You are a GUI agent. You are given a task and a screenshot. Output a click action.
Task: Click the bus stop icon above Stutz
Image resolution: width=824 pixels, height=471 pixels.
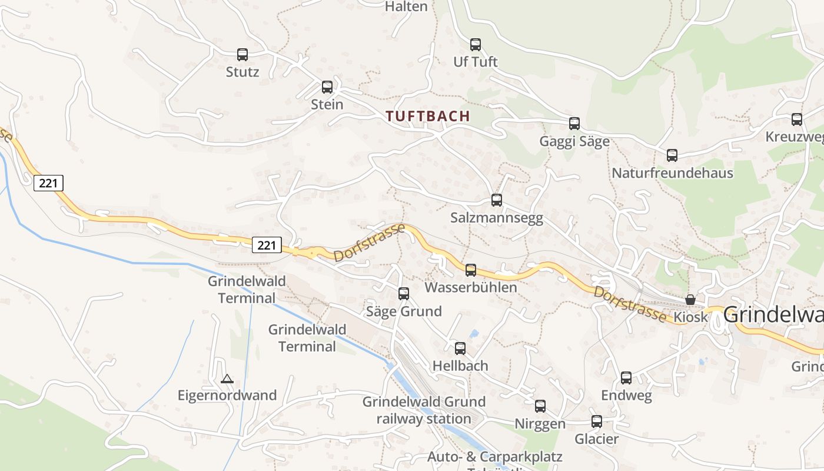point(242,55)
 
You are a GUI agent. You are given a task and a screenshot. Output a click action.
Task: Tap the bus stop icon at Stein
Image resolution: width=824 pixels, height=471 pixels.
point(327,87)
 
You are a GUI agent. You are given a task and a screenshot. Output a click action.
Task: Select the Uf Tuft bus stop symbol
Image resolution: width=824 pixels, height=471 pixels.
point(476,45)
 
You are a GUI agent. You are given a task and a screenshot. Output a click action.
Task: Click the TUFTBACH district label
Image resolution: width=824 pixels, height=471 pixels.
point(428,116)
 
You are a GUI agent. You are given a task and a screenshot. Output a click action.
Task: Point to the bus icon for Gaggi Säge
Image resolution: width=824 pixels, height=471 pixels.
point(574,124)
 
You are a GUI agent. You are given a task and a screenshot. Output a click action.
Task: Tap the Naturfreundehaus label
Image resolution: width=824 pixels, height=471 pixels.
point(672,173)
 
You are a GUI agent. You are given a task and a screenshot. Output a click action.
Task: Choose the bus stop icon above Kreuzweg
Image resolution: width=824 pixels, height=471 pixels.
point(797,120)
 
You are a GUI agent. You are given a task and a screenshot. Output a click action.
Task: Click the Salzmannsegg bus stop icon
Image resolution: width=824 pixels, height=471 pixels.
point(497,200)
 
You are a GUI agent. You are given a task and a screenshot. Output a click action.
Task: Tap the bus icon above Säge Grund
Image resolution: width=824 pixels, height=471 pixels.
point(404,294)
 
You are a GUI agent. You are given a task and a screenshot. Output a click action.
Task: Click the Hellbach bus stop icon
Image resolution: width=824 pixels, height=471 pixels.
point(460,349)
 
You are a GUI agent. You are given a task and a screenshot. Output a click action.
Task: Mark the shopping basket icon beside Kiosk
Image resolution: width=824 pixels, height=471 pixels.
point(690,300)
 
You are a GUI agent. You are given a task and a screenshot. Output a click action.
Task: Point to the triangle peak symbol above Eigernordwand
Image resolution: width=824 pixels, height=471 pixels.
point(227,379)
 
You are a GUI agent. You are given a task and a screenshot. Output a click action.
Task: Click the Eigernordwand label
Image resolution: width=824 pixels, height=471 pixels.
point(227,395)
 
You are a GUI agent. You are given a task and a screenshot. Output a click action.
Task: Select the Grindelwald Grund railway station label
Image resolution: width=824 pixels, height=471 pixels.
point(424,410)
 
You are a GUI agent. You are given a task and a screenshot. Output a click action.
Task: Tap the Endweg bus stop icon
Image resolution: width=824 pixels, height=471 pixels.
point(626,378)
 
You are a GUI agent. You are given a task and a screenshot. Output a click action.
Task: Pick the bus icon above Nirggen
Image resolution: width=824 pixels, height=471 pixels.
point(540,406)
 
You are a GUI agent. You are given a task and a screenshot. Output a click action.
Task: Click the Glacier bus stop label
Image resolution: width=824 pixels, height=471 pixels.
point(597,439)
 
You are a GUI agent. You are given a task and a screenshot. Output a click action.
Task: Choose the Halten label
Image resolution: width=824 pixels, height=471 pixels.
point(406,7)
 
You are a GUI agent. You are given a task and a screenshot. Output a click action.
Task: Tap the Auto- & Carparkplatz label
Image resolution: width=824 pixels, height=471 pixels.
point(495,457)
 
